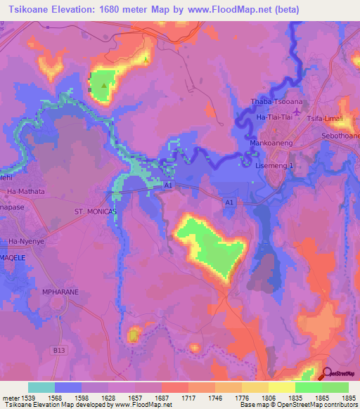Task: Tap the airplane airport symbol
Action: click(296, 111)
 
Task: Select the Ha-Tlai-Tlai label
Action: click(275, 117)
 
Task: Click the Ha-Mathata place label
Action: click(25, 191)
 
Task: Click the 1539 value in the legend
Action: click(26, 398)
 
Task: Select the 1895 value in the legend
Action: click(348, 398)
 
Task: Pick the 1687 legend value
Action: click(161, 398)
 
